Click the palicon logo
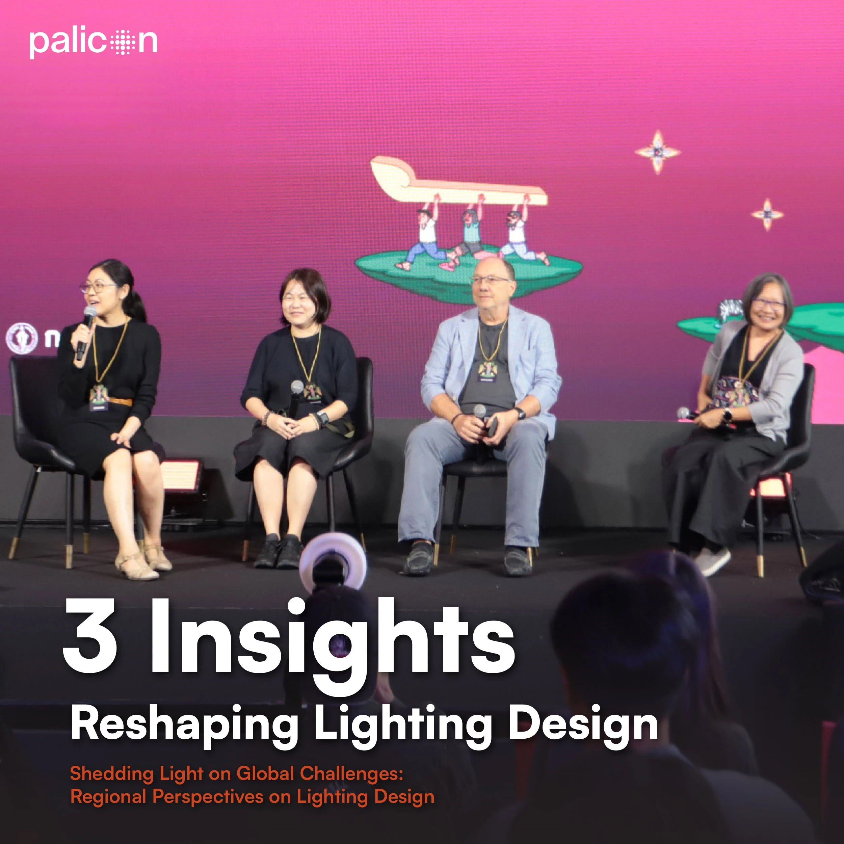[93, 43]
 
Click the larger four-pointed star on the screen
[657, 152]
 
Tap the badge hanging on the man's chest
[487, 372]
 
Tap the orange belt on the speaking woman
[120, 401]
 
